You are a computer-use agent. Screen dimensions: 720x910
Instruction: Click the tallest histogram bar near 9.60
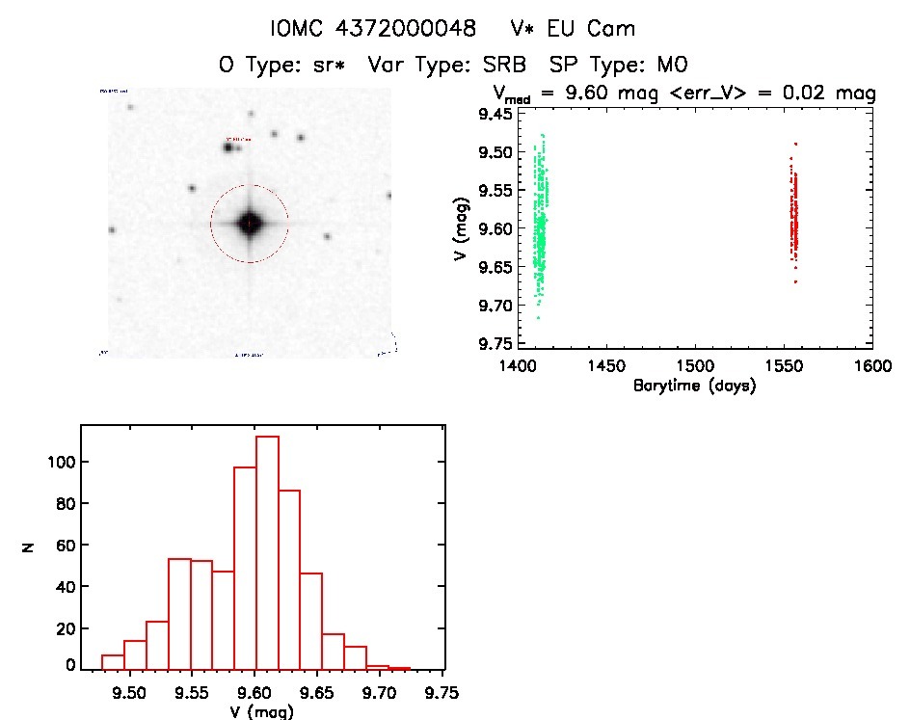(x=267, y=549)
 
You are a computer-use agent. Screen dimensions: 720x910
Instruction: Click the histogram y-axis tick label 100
(x=61, y=463)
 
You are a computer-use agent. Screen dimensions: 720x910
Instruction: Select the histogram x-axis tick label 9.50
(x=129, y=691)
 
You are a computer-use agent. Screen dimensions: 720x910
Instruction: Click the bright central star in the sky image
(x=249, y=224)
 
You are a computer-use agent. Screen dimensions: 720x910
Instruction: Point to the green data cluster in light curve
(x=541, y=227)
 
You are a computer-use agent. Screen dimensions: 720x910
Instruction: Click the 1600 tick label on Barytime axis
(x=872, y=366)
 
